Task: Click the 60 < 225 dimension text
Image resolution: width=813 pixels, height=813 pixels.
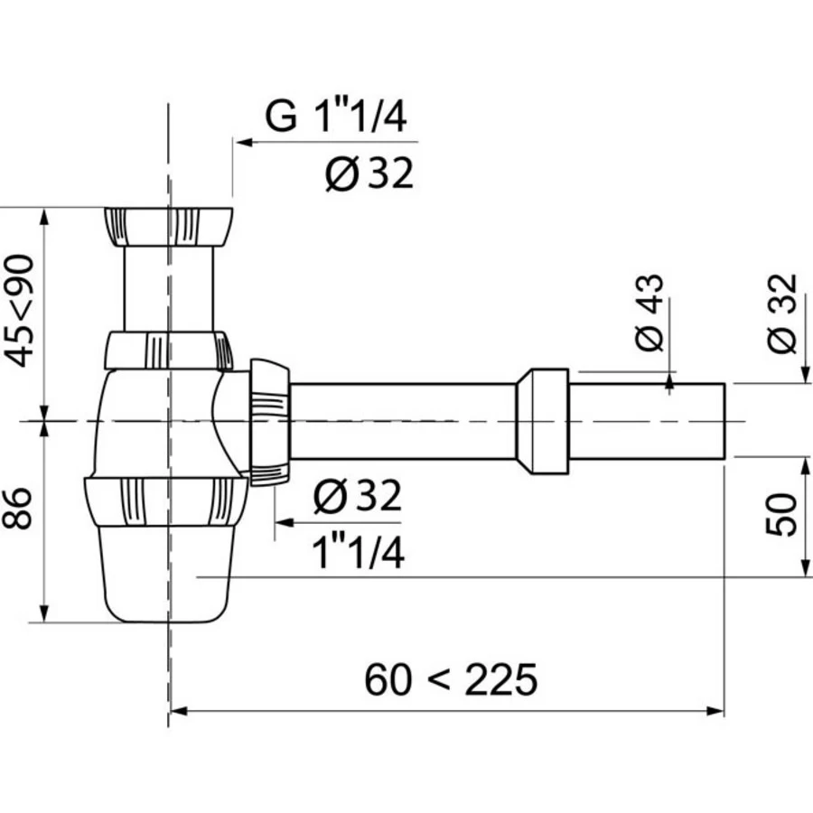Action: coord(450,679)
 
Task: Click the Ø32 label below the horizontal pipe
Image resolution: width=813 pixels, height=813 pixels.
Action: coord(356,497)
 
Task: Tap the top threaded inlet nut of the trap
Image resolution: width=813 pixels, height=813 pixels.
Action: coord(169,227)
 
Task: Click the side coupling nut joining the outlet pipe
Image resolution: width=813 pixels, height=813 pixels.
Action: coord(269,422)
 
